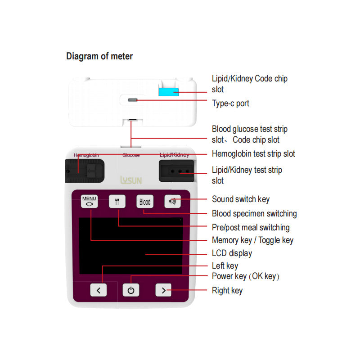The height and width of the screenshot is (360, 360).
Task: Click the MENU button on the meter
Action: point(89,201)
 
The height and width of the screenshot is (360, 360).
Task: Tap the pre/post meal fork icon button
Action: point(117,202)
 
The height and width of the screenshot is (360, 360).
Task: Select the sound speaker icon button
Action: point(172,202)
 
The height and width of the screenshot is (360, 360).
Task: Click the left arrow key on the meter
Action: point(99,290)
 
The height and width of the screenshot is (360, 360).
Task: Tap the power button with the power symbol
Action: point(131,290)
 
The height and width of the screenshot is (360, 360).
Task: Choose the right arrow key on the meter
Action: point(163,290)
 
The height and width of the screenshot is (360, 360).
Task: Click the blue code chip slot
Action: point(169,92)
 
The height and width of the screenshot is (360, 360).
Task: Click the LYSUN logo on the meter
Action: point(131,180)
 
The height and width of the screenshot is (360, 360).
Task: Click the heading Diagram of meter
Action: point(99,56)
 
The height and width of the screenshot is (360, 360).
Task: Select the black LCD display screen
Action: point(131,246)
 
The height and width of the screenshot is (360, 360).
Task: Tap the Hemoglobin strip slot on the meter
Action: point(86,171)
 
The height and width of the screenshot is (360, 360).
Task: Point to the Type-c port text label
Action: point(230,103)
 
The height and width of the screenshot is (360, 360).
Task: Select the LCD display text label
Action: point(232,253)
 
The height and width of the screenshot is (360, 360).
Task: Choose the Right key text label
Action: point(227,291)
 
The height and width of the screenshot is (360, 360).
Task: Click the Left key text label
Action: point(225,266)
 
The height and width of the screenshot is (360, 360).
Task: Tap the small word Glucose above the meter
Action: point(131,155)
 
